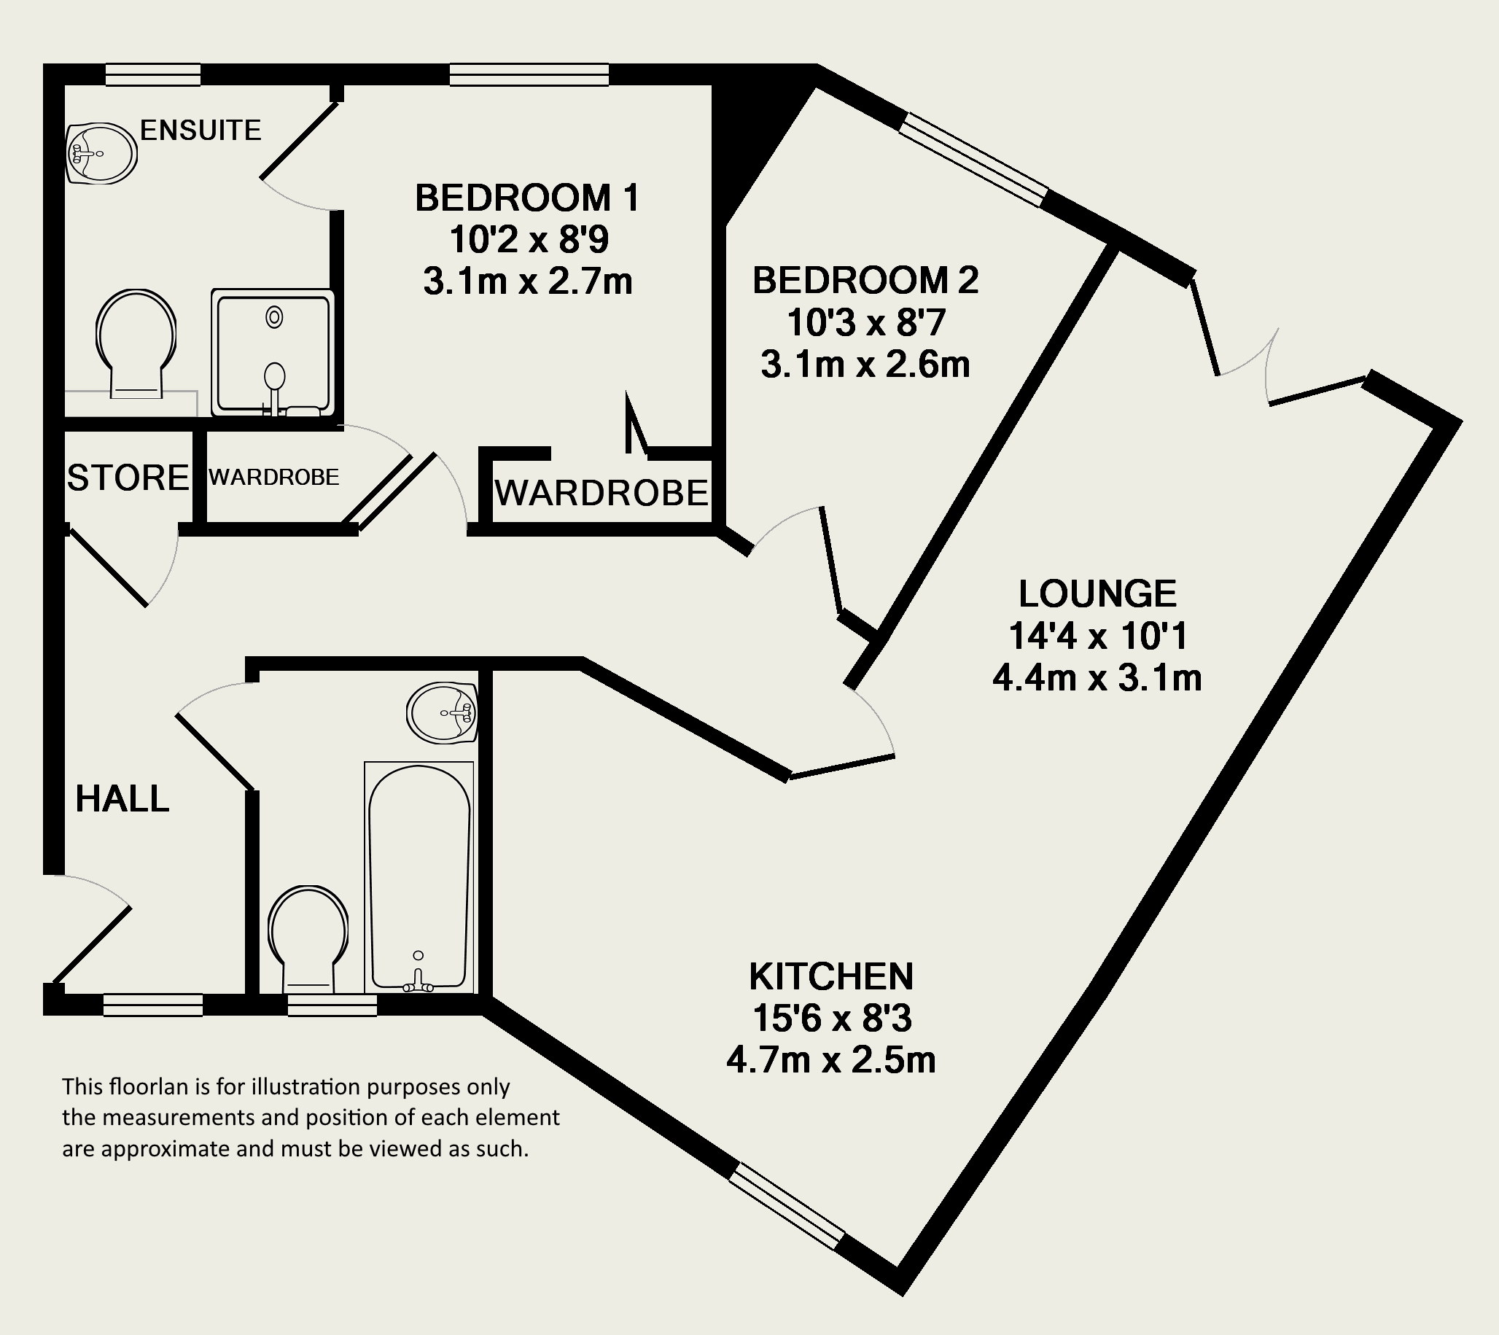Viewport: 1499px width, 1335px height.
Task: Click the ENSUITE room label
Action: [201, 131]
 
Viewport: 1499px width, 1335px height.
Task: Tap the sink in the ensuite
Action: [101, 153]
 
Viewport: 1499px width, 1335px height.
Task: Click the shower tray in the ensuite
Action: [273, 353]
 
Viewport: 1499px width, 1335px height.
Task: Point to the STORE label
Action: [128, 478]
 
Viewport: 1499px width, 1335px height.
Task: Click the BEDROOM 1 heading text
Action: [527, 198]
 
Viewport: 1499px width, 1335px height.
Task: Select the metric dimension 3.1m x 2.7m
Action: [528, 281]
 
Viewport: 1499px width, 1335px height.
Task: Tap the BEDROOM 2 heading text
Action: [865, 281]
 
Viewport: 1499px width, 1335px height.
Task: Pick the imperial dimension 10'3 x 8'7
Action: [866, 323]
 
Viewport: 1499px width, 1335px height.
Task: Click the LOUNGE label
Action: [1097, 594]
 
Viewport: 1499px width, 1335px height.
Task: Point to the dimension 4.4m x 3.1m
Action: [1097, 678]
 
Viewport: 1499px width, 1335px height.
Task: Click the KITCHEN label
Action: [831, 976]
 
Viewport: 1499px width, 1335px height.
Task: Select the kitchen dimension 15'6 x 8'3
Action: [832, 1018]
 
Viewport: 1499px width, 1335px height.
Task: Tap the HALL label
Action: [122, 799]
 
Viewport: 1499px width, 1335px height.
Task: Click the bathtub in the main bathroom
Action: [418, 877]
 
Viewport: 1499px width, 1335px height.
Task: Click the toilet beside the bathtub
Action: [308, 939]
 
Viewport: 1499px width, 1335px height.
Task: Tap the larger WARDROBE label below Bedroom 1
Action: [602, 493]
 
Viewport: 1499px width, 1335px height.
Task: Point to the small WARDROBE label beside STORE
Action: [273, 478]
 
